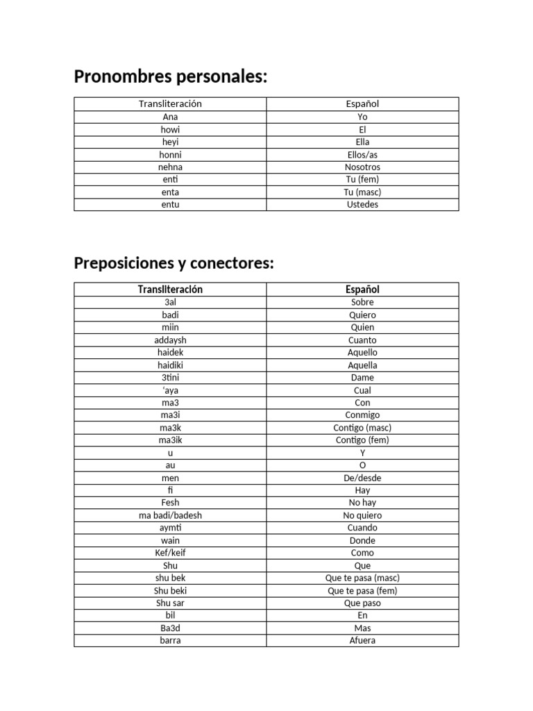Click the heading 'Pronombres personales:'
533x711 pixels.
[x=170, y=76]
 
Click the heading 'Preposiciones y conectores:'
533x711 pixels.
[x=174, y=264]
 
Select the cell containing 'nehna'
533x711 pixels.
[x=170, y=167]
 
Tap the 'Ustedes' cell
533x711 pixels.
[x=362, y=205]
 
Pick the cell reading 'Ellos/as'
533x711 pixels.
[x=362, y=155]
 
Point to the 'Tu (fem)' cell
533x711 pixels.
[x=362, y=180]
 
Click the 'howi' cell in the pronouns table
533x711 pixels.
[x=170, y=130]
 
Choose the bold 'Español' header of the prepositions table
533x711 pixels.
[x=362, y=290]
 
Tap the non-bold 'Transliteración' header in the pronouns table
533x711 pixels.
[x=170, y=104]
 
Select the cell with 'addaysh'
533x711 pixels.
[x=170, y=340]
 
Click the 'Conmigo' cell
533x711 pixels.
[x=362, y=415]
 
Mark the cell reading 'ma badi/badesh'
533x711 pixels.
[x=170, y=515]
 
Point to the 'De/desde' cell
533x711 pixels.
[x=362, y=478]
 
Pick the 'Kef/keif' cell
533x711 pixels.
[x=170, y=553]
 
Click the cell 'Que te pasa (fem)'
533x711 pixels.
[x=362, y=591]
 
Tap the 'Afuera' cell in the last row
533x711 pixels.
[x=362, y=640]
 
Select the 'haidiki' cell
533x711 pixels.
[x=170, y=365]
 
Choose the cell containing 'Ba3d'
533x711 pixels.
[x=170, y=628]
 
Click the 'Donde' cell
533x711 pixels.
[x=362, y=540]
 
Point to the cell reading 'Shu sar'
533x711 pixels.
[x=170, y=603]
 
